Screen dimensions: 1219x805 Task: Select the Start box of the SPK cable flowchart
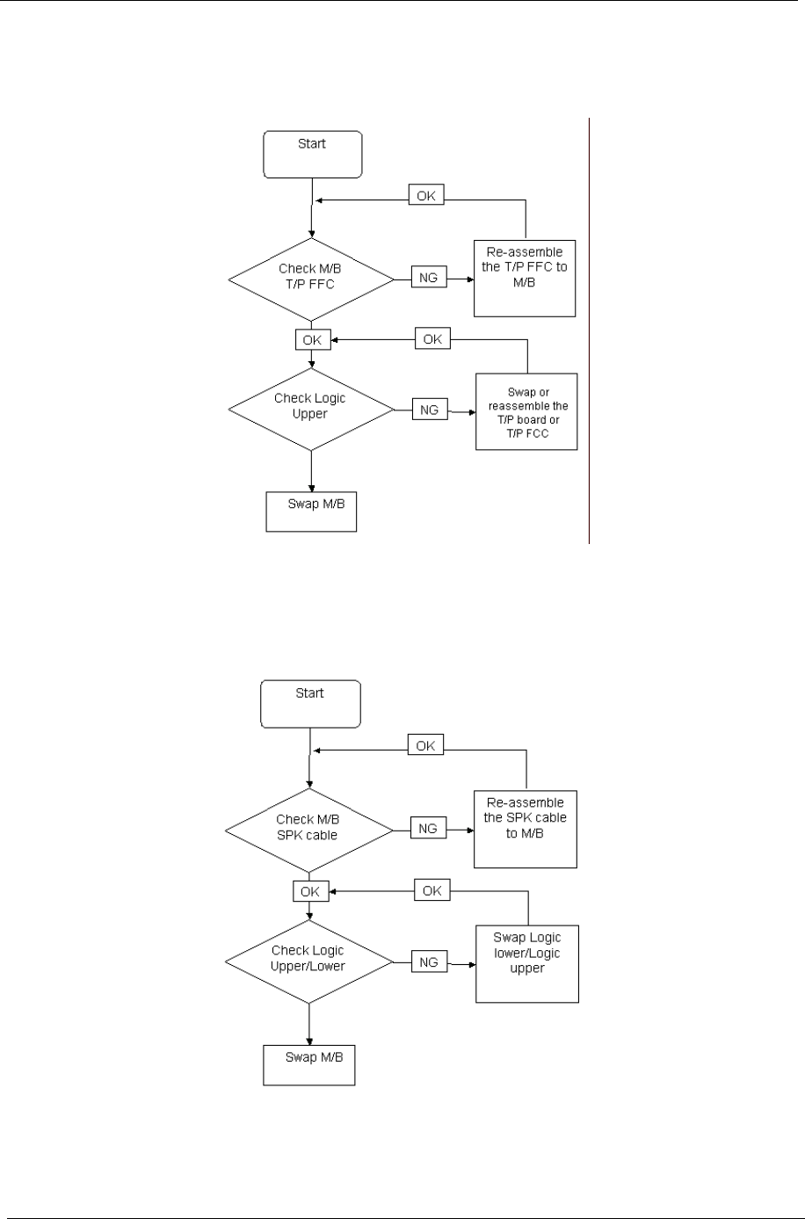click(309, 704)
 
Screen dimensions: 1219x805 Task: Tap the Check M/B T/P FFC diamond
click(311, 279)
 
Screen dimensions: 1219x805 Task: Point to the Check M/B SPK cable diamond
click(308, 827)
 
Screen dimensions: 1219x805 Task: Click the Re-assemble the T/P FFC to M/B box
click(525, 277)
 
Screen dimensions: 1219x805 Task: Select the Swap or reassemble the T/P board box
click(526, 411)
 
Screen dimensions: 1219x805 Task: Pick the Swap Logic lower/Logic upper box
click(526, 961)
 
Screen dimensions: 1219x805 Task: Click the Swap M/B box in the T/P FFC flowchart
click(311, 512)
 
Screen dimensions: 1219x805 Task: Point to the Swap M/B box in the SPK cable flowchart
click(309, 1064)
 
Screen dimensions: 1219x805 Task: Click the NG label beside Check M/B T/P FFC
click(429, 279)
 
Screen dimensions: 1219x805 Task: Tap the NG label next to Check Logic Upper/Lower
click(429, 961)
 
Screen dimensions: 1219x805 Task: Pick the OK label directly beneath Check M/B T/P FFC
click(312, 339)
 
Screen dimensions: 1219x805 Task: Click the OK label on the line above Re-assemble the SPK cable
click(426, 745)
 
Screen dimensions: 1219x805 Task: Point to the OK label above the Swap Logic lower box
click(432, 891)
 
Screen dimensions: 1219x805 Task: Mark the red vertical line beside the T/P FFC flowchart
click(588, 330)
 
